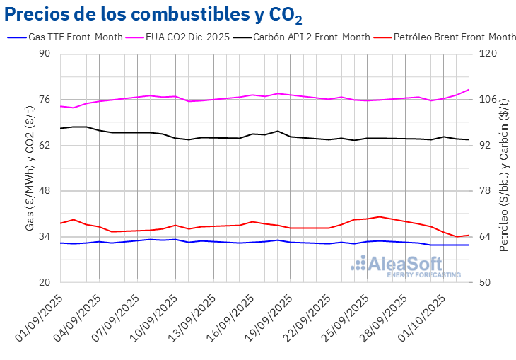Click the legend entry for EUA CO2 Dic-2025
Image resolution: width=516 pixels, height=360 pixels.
[x=187, y=37]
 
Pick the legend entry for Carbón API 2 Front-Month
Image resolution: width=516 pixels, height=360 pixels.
[x=312, y=37]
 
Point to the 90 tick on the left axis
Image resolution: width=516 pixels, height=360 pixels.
[x=45, y=54]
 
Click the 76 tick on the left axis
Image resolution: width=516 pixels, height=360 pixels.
[x=45, y=100]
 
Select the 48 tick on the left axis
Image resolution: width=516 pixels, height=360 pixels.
[x=45, y=191]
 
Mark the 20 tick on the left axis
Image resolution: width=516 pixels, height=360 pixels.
[x=45, y=282]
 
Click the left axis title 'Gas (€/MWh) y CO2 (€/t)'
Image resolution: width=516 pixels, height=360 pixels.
[x=29, y=168]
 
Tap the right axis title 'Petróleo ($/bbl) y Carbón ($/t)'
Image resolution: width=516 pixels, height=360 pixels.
[x=504, y=168]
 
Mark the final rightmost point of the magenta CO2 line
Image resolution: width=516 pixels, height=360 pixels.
[x=469, y=89]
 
